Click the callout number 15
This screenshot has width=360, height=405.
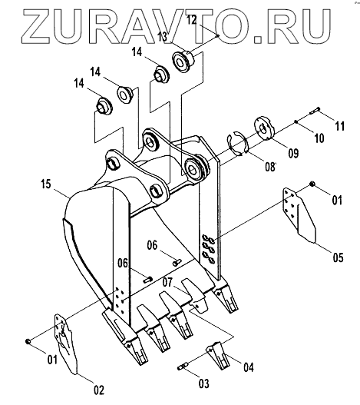[46, 184]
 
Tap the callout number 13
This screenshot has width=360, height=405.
[163, 37]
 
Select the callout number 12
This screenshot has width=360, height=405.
[192, 20]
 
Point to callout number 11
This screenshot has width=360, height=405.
[339, 126]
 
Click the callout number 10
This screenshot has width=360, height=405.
[319, 138]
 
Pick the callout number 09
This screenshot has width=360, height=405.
[293, 153]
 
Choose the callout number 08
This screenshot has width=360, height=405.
[270, 167]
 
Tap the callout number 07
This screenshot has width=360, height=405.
[167, 282]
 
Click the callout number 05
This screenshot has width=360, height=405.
[338, 257]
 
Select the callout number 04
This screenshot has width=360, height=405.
[249, 367]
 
